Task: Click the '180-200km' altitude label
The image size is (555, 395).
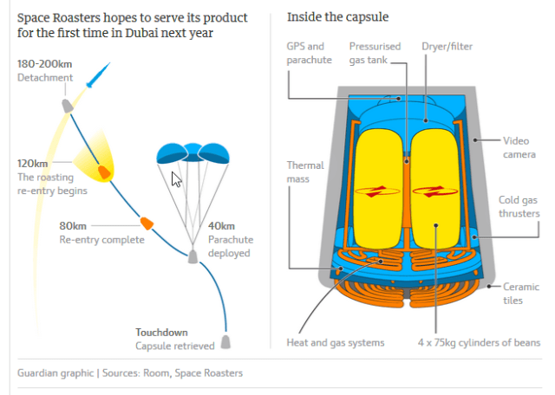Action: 46,64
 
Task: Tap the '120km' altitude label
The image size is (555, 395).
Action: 33,163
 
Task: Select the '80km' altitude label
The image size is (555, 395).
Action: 75,226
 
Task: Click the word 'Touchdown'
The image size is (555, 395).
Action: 161,332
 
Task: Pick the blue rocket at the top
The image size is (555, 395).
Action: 97,74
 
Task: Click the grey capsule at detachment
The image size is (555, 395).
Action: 66,105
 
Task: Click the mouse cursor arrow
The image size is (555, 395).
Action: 177,179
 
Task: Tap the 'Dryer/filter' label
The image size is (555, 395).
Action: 447,46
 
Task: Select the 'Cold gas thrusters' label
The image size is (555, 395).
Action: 519,206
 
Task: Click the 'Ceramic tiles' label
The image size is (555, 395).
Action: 521,293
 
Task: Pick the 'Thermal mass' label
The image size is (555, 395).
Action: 306,172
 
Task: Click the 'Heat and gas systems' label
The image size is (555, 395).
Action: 335,342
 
